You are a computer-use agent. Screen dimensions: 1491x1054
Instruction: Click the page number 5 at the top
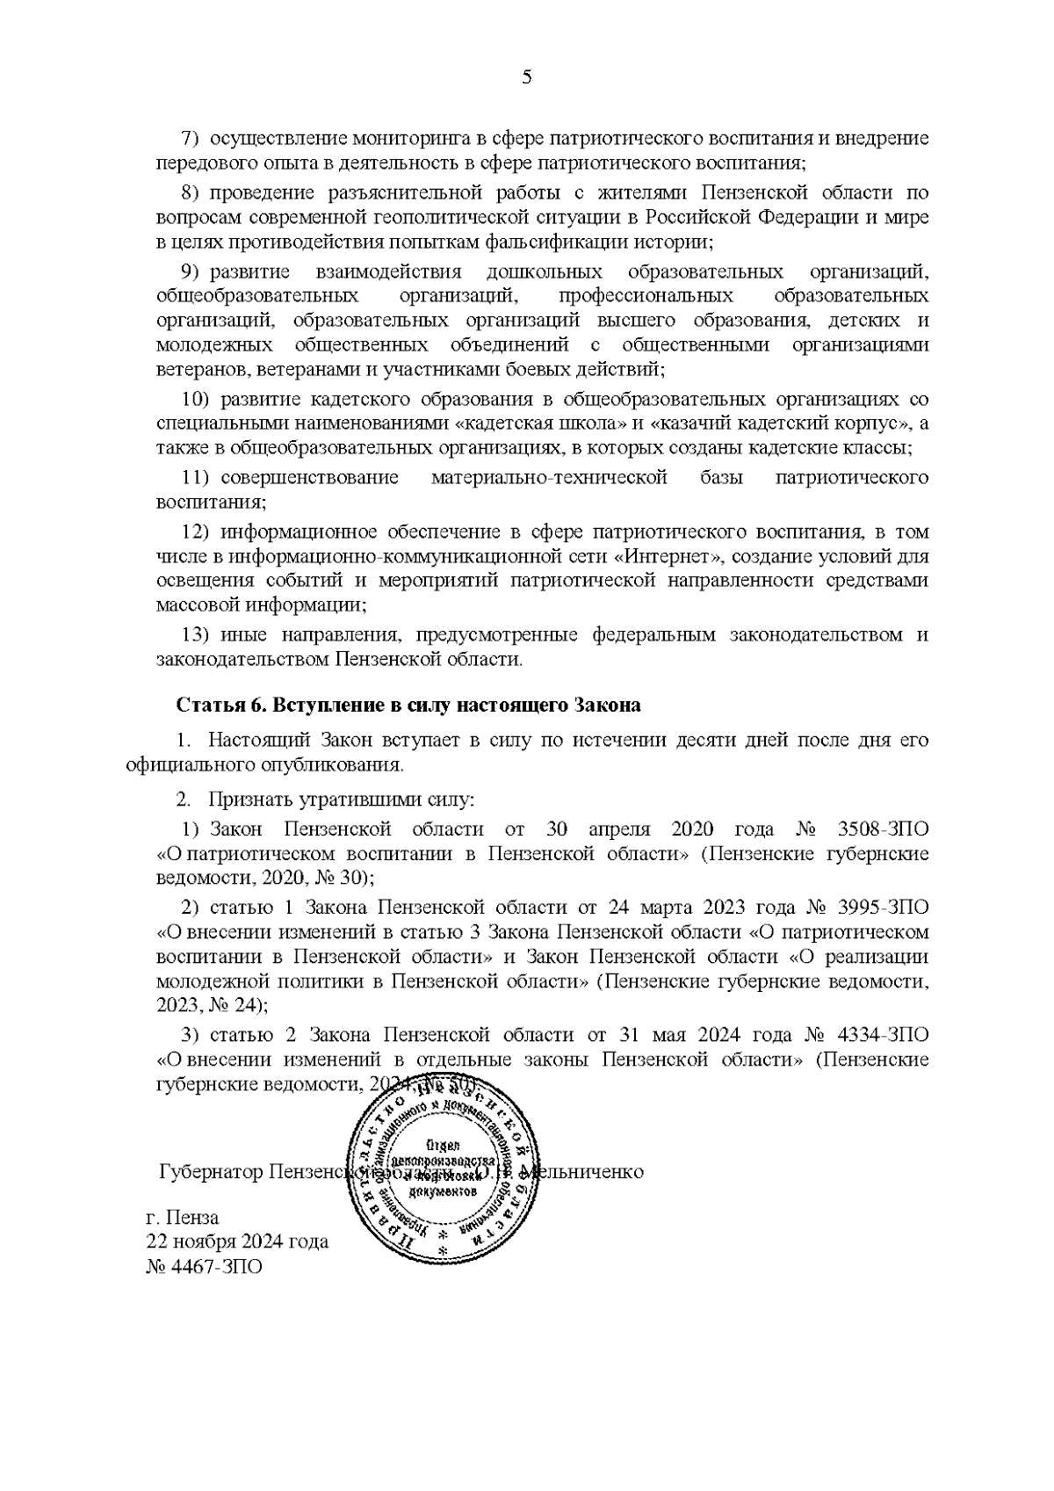(527, 77)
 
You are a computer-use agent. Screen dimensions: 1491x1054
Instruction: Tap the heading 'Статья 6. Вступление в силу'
(408, 706)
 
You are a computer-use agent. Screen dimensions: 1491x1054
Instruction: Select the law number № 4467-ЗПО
(203, 1268)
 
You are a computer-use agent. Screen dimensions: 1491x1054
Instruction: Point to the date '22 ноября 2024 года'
(237, 1242)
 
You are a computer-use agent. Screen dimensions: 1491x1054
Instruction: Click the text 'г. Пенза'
(182, 1218)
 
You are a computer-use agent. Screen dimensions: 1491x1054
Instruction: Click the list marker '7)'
(191, 139)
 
